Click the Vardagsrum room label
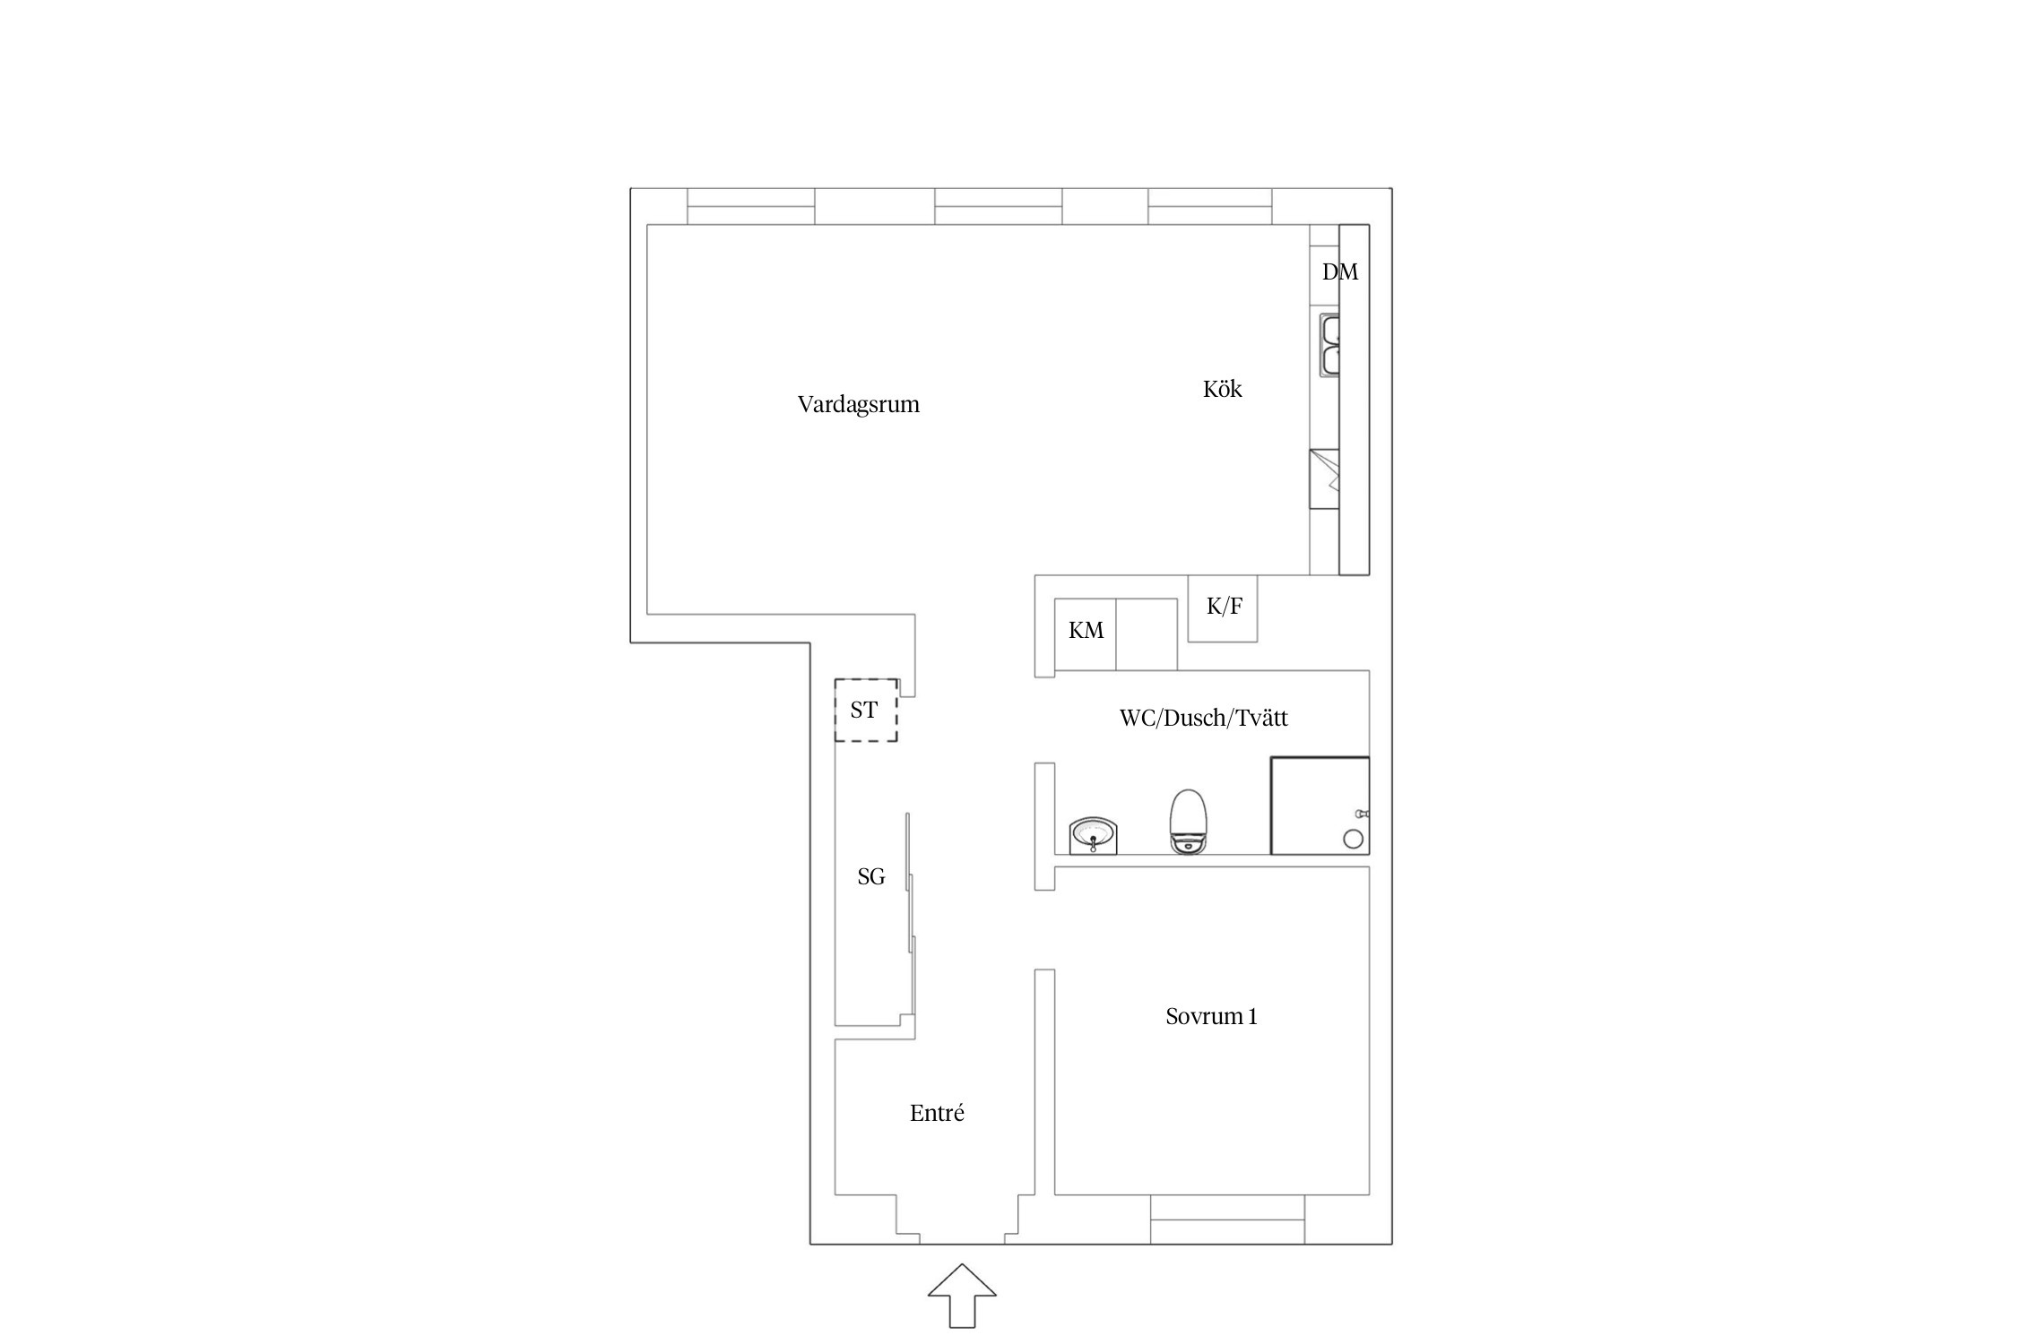coord(859,404)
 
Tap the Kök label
coord(1223,389)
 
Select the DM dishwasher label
coord(1340,271)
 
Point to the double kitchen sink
coord(1329,344)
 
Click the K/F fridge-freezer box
coord(1223,608)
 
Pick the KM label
coord(1086,631)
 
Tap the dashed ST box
coord(866,710)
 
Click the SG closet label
coord(871,876)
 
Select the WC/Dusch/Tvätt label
coord(1204,718)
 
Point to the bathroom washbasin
coord(1093,836)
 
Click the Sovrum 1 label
coord(1211,1016)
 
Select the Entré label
coord(937,1113)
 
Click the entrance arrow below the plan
coord(962,1295)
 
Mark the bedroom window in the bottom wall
coord(1227,1219)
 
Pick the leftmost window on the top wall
coord(751,206)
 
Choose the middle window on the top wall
coord(999,206)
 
